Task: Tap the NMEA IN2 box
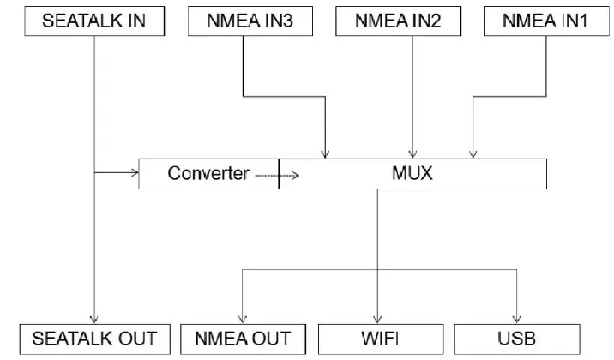point(398,21)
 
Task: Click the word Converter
point(208,174)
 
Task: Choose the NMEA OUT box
point(244,339)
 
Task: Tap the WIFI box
point(378,339)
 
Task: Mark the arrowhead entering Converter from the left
point(134,174)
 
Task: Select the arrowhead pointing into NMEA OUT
point(244,318)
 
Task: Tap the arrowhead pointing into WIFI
point(378,318)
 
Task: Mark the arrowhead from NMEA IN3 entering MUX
point(326,154)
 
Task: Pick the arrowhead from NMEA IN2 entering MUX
point(415,154)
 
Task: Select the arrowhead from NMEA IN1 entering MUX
point(471,154)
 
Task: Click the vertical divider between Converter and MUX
point(279,174)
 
